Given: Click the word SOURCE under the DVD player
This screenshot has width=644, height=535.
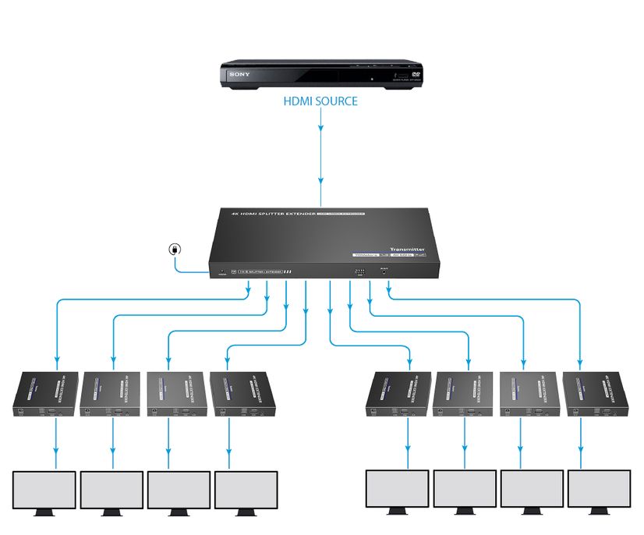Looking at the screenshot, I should click(338, 101).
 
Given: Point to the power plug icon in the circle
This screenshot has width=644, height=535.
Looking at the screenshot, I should click(175, 250).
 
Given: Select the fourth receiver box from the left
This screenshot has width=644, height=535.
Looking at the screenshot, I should click(242, 394).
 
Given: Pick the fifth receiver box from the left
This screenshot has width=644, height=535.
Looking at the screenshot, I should click(398, 395).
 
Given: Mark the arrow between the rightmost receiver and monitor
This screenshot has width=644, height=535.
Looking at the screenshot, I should click(580, 441).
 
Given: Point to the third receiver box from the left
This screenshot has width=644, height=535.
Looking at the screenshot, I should click(177, 394).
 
